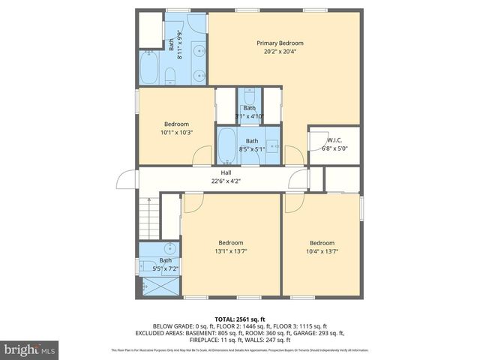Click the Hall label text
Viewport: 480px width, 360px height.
[x=226, y=172]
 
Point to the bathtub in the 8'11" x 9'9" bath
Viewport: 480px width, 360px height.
[x=148, y=68]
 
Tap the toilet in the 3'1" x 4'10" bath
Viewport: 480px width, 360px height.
[x=250, y=96]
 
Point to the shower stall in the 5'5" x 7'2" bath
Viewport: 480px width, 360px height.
[x=158, y=285]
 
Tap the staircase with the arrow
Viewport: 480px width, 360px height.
[x=150, y=217]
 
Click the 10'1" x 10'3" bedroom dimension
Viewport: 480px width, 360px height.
[x=177, y=133]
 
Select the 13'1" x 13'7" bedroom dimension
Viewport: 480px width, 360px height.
[x=231, y=251]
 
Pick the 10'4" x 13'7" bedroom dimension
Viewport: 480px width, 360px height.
[x=322, y=251]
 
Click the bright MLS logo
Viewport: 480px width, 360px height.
[x=30, y=349]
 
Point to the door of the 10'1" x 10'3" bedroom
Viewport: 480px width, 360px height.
[x=202, y=157]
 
